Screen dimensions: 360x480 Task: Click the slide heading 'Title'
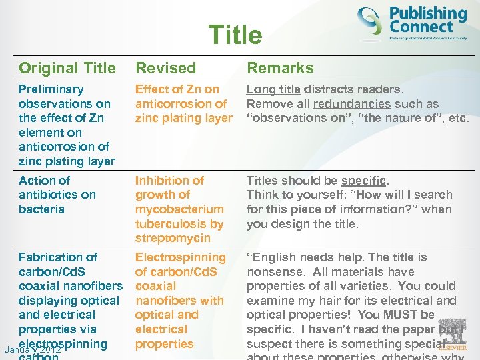pyautogui.click(x=235, y=35)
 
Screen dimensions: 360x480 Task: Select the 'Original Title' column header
pyautogui.click(x=67, y=68)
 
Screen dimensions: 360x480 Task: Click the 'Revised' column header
pyautogui.click(x=165, y=68)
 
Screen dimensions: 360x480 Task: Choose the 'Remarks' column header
pyautogui.click(x=280, y=68)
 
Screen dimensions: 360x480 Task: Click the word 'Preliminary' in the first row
pyautogui.click(x=51, y=89)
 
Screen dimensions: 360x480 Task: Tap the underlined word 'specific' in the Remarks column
pyautogui.click(x=363, y=181)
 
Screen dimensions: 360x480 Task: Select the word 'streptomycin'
pyautogui.click(x=173, y=238)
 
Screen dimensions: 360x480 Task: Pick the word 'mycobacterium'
pyautogui.click(x=179, y=209)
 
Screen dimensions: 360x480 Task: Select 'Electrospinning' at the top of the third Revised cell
pyautogui.click(x=181, y=257)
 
